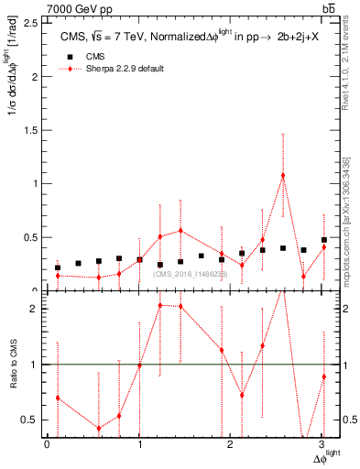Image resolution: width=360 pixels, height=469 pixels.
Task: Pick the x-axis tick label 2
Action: (x=231, y=446)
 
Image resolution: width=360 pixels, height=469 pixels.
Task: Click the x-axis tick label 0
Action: (x=47, y=446)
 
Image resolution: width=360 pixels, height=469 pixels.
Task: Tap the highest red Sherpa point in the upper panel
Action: (x=283, y=175)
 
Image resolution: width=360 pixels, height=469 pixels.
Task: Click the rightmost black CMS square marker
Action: (x=324, y=240)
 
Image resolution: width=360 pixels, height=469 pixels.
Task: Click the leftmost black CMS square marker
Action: (x=58, y=267)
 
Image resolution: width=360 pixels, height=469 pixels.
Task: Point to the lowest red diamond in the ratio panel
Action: (x=99, y=428)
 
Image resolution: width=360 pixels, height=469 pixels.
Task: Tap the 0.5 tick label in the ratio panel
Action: (x=34, y=420)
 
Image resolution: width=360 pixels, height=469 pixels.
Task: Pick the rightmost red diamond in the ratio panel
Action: (x=324, y=376)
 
